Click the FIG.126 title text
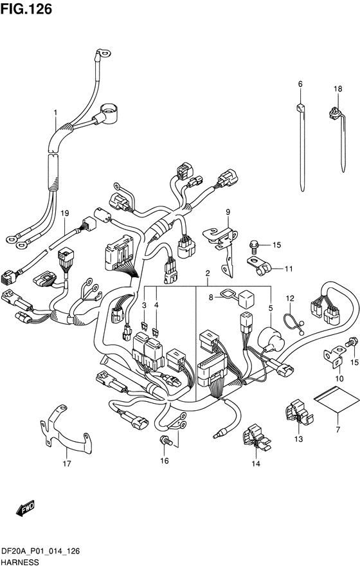tap(26, 9)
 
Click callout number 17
tap(67, 464)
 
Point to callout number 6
tap(300, 84)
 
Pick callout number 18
tap(338, 89)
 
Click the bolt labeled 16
tap(165, 440)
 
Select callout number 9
tap(228, 212)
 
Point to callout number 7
tap(338, 430)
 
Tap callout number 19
tap(64, 213)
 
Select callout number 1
tap(55, 113)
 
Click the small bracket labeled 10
tap(334, 356)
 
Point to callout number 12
tap(290, 299)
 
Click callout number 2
tap(208, 273)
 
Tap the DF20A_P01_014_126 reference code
tap(40, 552)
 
